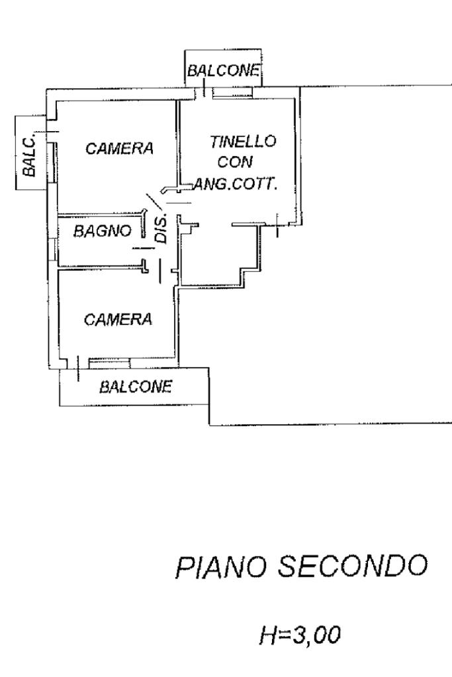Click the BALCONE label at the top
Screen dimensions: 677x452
point(222,69)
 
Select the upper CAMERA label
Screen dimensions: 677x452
point(119,149)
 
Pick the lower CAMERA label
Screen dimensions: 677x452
point(118,319)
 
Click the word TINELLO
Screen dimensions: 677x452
point(242,141)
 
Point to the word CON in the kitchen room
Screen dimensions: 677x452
point(242,163)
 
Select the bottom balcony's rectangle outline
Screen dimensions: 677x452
point(60,390)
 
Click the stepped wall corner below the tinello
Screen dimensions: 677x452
point(242,271)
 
